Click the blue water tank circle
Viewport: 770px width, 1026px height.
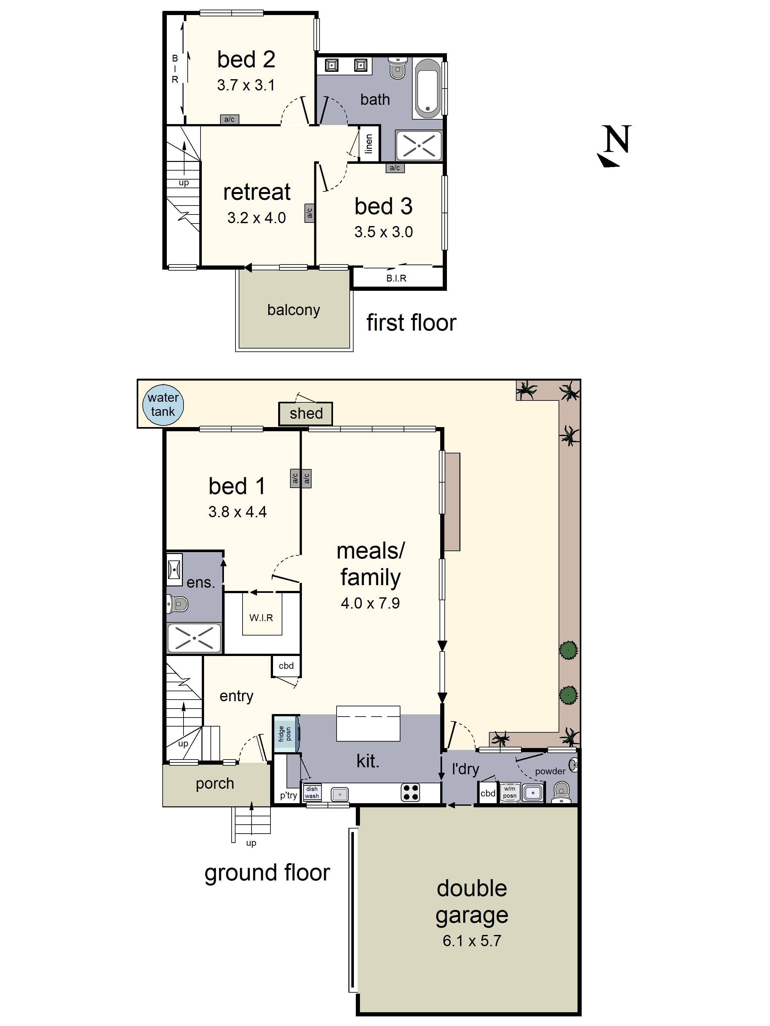163,405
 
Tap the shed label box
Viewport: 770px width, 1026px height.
305,413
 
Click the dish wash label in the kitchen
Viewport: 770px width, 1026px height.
312,792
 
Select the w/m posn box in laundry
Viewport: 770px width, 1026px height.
509,792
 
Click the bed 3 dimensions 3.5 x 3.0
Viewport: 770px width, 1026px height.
383,232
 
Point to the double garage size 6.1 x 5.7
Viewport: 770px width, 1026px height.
472,941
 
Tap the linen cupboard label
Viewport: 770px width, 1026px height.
369,144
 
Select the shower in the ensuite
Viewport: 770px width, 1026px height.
194,639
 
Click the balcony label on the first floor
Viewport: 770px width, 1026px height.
293,310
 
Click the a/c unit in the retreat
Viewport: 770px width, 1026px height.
309,213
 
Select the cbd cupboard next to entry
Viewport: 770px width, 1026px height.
286,666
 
